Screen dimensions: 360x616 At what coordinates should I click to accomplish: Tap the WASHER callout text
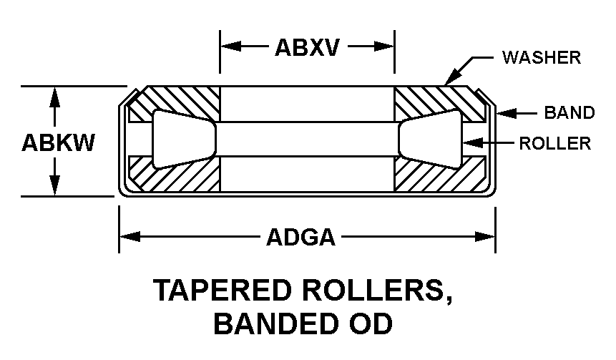pos(541,57)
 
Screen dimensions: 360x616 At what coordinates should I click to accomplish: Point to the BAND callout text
pos(569,112)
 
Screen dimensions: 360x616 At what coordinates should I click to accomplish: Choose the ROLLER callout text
pos(555,143)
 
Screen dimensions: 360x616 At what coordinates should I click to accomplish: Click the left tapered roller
pos(183,140)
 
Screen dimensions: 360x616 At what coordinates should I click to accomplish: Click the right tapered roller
pos(430,140)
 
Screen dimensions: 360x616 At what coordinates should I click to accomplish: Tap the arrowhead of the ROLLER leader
pos(467,143)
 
